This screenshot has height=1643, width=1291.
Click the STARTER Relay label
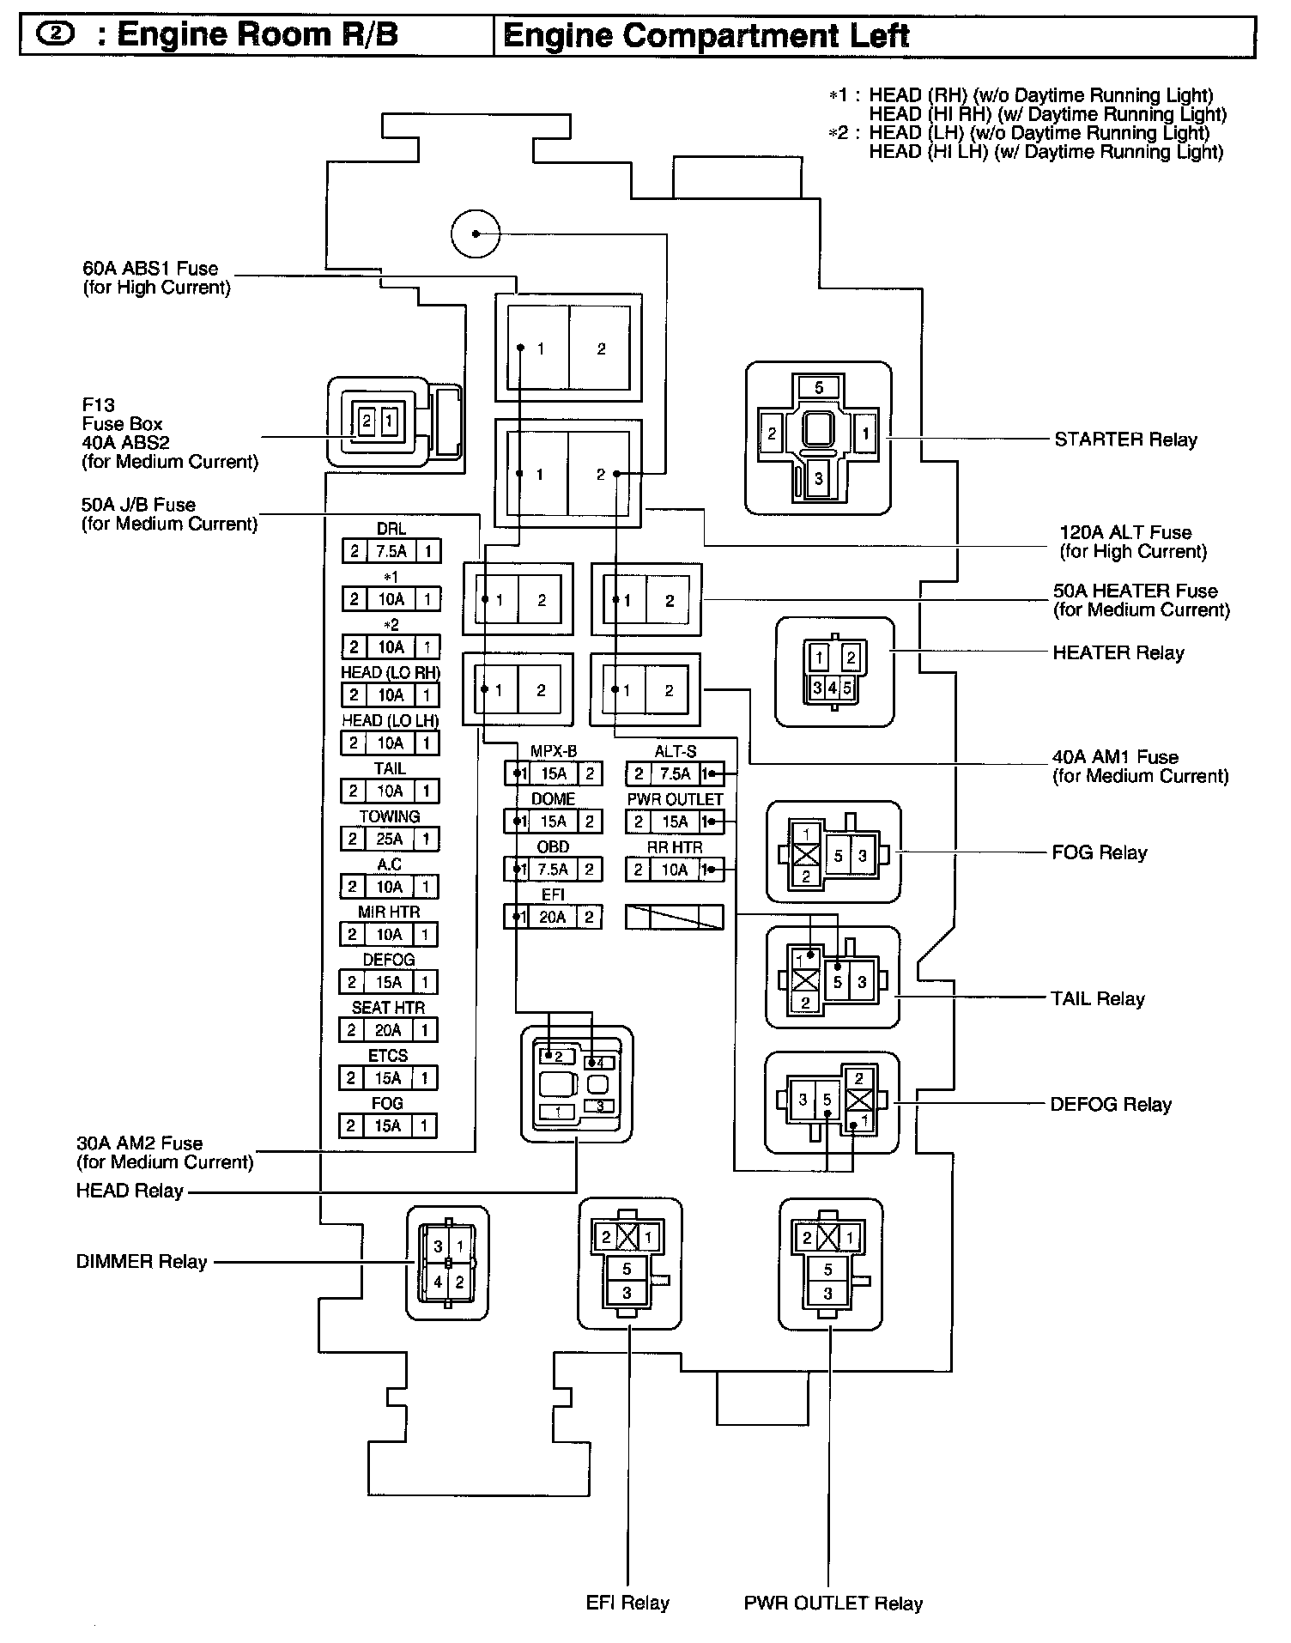[1125, 440]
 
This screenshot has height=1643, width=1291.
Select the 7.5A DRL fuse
[391, 551]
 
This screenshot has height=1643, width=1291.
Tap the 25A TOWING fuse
[390, 839]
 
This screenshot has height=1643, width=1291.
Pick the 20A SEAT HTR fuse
[388, 1030]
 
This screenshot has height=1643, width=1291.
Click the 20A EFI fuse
[553, 918]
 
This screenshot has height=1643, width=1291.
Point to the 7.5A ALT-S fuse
[675, 774]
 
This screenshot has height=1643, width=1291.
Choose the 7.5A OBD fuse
[553, 870]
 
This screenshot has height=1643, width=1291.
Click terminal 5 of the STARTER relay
[819, 388]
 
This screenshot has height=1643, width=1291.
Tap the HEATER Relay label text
[1118, 652]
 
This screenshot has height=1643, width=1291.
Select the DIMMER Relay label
[142, 1262]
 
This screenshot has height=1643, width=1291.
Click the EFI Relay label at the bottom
[627, 1603]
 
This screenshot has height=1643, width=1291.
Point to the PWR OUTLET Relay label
[833, 1604]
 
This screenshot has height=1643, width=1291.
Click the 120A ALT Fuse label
[1133, 542]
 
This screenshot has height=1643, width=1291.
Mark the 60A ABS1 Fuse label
[156, 277]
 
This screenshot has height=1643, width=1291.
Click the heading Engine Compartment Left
[706, 36]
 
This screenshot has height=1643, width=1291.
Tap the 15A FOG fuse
[388, 1126]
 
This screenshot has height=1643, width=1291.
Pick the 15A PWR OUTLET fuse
[675, 822]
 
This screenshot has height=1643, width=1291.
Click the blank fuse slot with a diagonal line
[674, 918]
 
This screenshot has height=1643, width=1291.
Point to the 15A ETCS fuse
[388, 1078]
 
